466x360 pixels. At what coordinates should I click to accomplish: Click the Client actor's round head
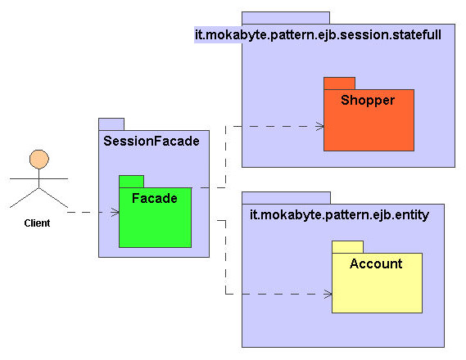tap(39, 160)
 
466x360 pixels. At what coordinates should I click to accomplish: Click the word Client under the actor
tap(37, 223)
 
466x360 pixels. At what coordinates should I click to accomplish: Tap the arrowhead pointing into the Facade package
tap(115, 212)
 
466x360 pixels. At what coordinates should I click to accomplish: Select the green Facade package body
tap(155, 218)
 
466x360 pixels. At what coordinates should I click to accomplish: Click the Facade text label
tap(155, 198)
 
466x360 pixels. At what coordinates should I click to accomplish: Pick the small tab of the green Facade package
tap(131, 182)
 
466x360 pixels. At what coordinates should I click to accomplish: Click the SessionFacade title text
tap(152, 141)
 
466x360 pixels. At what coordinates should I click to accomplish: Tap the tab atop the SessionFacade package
tap(111, 124)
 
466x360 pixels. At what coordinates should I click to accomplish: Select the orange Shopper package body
tap(369, 120)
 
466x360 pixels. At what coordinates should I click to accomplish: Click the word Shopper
tap(368, 101)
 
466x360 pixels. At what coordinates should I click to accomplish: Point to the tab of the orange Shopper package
tap(339, 83)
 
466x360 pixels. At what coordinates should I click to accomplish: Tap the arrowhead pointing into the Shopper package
tap(319, 127)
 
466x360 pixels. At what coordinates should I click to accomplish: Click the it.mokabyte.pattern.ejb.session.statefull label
tap(318, 34)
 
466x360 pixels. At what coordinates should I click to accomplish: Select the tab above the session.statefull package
tap(286, 18)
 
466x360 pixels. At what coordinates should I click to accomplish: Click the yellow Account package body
tap(377, 283)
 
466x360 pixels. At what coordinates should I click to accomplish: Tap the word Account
tap(376, 263)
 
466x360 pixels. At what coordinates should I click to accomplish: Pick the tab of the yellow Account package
tap(348, 247)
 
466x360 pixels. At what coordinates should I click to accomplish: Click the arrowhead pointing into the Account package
tap(328, 294)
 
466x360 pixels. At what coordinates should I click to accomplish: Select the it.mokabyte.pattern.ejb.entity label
tap(339, 215)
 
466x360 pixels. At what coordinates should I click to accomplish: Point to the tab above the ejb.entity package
tap(286, 198)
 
